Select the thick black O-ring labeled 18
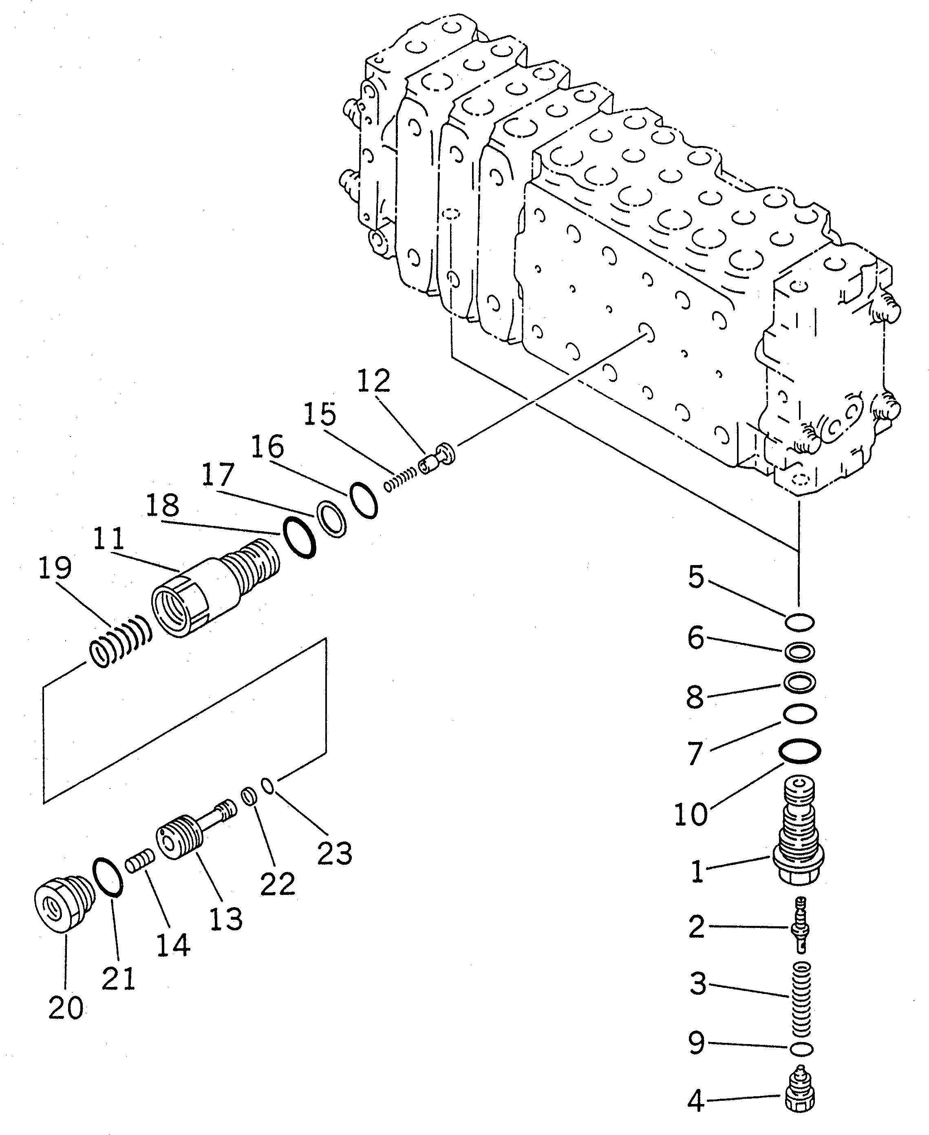click(299, 538)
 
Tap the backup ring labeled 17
click(332, 519)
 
